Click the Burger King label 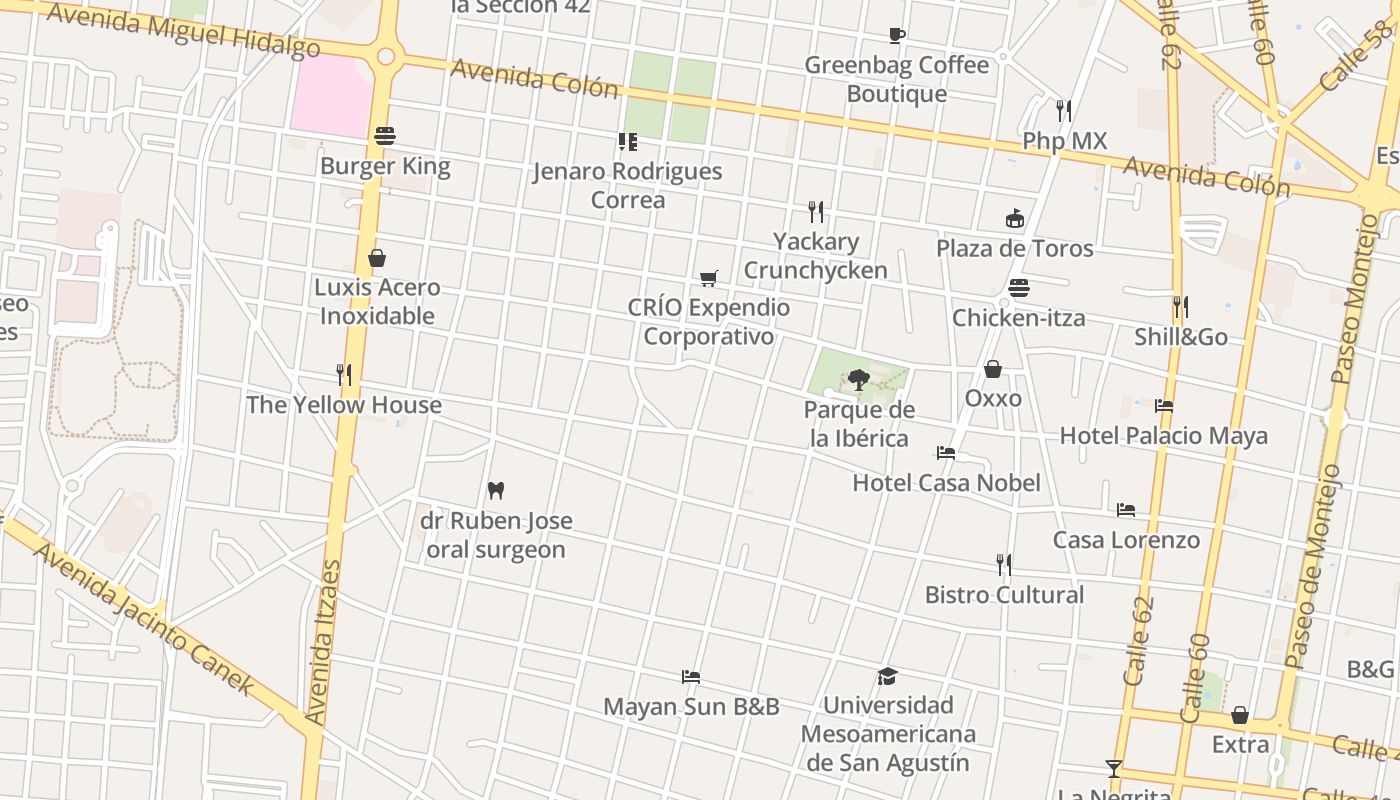pyautogui.click(x=385, y=166)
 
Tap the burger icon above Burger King pyautogui.click(x=385, y=135)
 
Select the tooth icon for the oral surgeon pyautogui.click(x=495, y=490)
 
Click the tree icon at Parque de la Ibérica pyautogui.click(x=858, y=379)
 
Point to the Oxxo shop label pyautogui.click(x=993, y=398)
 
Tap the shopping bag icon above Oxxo pyautogui.click(x=993, y=369)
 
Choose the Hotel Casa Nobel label pyautogui.click(x=946, y=483)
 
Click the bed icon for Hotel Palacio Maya pyautogui.click(x=1163, y=406)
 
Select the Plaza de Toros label pyautogui.click(x=1014, y=248)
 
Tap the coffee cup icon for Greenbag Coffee pyautogui.click(x=897, y=36)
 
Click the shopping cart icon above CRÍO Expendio pyautogui.click(x=709, y=278)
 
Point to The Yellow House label pyautogui.click(x=344, y=405)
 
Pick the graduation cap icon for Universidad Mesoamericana pyautogui.click(x=887, y=676)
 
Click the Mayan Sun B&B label pyautogui.click(x=691, y=707)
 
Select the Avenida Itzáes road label pyautogui.click(x=324, y=640)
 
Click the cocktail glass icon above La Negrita pyautogui.click(x=1113, y=768)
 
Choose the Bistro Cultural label pyautogui.click(x=1004, y=595)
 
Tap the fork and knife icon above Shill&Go pyautogui.click(x=1181, y=306)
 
